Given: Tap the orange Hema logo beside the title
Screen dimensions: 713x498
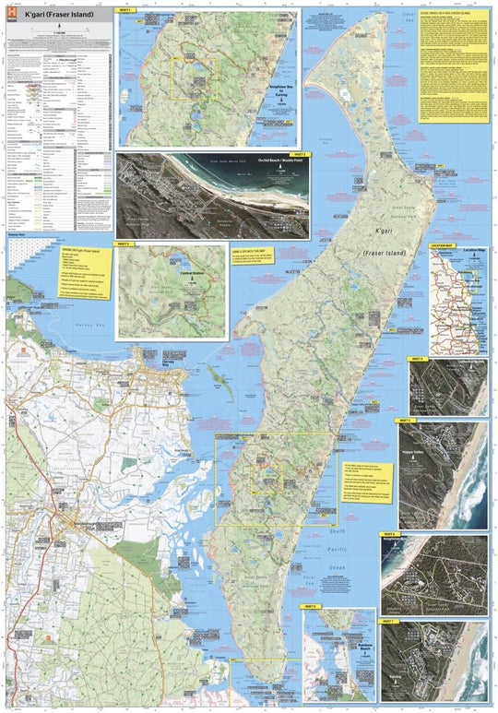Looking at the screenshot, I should click(13, 15).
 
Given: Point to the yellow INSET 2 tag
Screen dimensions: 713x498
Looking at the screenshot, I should click(298, 154).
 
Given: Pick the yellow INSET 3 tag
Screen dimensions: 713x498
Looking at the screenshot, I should click(125, 244).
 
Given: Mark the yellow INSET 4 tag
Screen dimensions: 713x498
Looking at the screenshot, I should click(417, 358).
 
